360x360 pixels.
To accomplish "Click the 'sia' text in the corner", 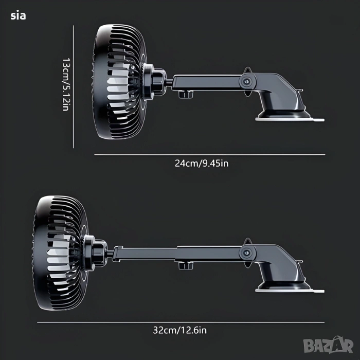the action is pos(18,15).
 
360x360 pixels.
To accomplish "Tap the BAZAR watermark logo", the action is pos(328,345).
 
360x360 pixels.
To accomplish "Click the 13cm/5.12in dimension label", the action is pos(66,84).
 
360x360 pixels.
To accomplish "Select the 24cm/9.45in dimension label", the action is pos(202,164).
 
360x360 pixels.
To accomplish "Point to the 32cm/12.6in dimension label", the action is pos(180,330).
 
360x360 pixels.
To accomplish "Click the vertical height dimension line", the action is pos(74,87).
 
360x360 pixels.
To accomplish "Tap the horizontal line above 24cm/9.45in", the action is pos(210,155).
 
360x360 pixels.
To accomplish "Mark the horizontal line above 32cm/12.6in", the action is pos(181,322).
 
